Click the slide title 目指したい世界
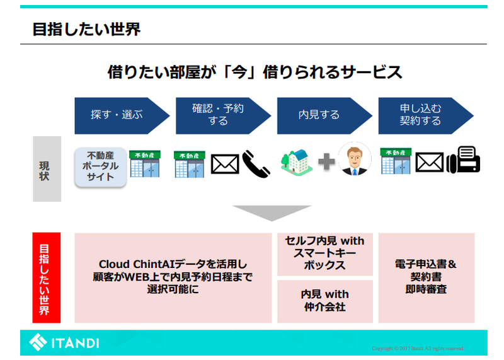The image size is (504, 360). (x=86, y=29)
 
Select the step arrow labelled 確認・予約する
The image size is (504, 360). (x=220, y=115)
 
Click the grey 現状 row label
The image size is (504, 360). (x=47, y=168)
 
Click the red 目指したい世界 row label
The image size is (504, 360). (x=47, y=277)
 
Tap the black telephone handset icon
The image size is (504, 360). (x=256, y=163)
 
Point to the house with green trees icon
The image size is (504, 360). (x=297, y=163)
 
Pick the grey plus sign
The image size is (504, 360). (x=326, y=163)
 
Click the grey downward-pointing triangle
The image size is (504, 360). (x=272, y=212)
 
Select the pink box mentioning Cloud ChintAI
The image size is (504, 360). (x=173, y=277)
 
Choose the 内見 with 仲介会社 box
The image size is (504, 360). (x=325, y=301)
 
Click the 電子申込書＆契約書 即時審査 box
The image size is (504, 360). (x=427, y=277)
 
